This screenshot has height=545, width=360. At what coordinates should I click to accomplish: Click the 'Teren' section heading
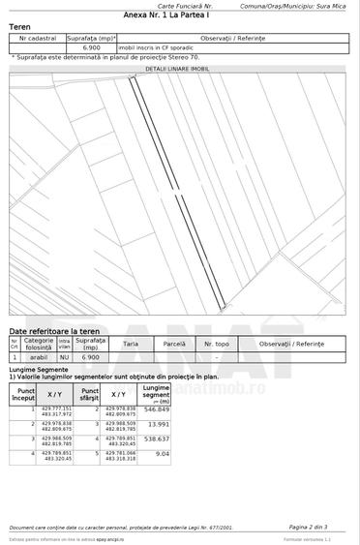[x=20, y=27]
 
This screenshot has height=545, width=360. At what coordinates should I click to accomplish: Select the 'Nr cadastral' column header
[x=37, y=37]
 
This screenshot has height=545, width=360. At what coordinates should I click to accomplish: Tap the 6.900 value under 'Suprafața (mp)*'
[x=92, y=46]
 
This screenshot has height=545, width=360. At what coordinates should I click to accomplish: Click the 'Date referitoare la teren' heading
[x=57, y=331]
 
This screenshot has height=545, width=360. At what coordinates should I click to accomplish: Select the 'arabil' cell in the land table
[x=39, y=357]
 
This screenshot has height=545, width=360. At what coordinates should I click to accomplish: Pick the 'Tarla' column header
[x=131, y=344]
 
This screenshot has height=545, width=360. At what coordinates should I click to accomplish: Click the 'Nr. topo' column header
[x=216, y=344]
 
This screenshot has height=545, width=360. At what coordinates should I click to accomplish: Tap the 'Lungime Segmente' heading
[x=39, y=369]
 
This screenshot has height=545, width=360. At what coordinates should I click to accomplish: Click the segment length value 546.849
[x=156, y=409]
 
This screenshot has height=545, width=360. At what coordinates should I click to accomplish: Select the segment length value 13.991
[x=158, y=424]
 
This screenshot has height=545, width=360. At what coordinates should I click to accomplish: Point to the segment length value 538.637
[x=156, y=439]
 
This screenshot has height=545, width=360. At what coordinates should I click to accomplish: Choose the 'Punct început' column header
[x=24, y=394]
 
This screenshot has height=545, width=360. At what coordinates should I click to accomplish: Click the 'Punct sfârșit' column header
[x=90, y=394]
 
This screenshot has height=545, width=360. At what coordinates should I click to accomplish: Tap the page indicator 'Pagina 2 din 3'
[x=314, y=527]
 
